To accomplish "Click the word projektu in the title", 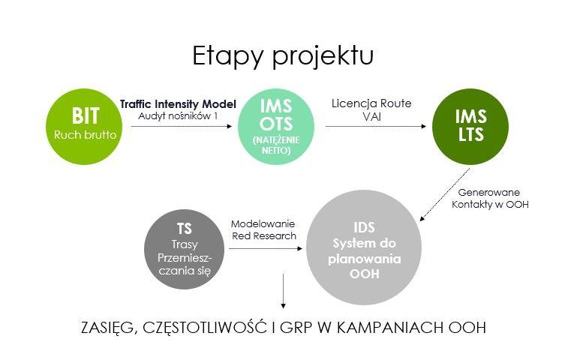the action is pyautogui.click(x=323, y=55).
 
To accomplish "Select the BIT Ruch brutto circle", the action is pyautogui.click(x=84, y=127).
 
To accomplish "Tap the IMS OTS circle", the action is pyautogui.click(x=275, y=127).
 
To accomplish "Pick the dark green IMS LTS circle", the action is pyautogui.click(x=470, y=127).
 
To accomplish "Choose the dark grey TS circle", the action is pyautogui.click(x=184, y=249).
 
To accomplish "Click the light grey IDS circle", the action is pyautogui.click(x=364, y=247).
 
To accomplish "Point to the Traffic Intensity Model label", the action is pyautogui.click(x=178, y=104).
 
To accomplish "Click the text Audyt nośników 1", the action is pyautogui.click(x=178, y=116).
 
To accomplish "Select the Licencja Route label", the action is pyautogui.click(x=371, y=103).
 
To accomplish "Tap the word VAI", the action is pyautogui.click(x=371, y=116).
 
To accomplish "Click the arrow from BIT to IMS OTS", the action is pyautogui.click(x=182, y=127).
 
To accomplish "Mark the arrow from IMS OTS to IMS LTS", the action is pyautogui.click(x=376, y=127).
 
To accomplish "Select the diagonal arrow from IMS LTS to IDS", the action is pyautogui.click(x=444, y=194).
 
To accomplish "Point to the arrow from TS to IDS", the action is pyautogui.click(x=266, y=248).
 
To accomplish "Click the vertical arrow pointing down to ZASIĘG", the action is pyautogui.click(x=284, y=291).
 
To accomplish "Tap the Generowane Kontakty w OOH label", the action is pyautogui.click(x=490, y=199).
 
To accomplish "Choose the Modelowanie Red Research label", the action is pyautogui.click(x=263, y=230).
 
